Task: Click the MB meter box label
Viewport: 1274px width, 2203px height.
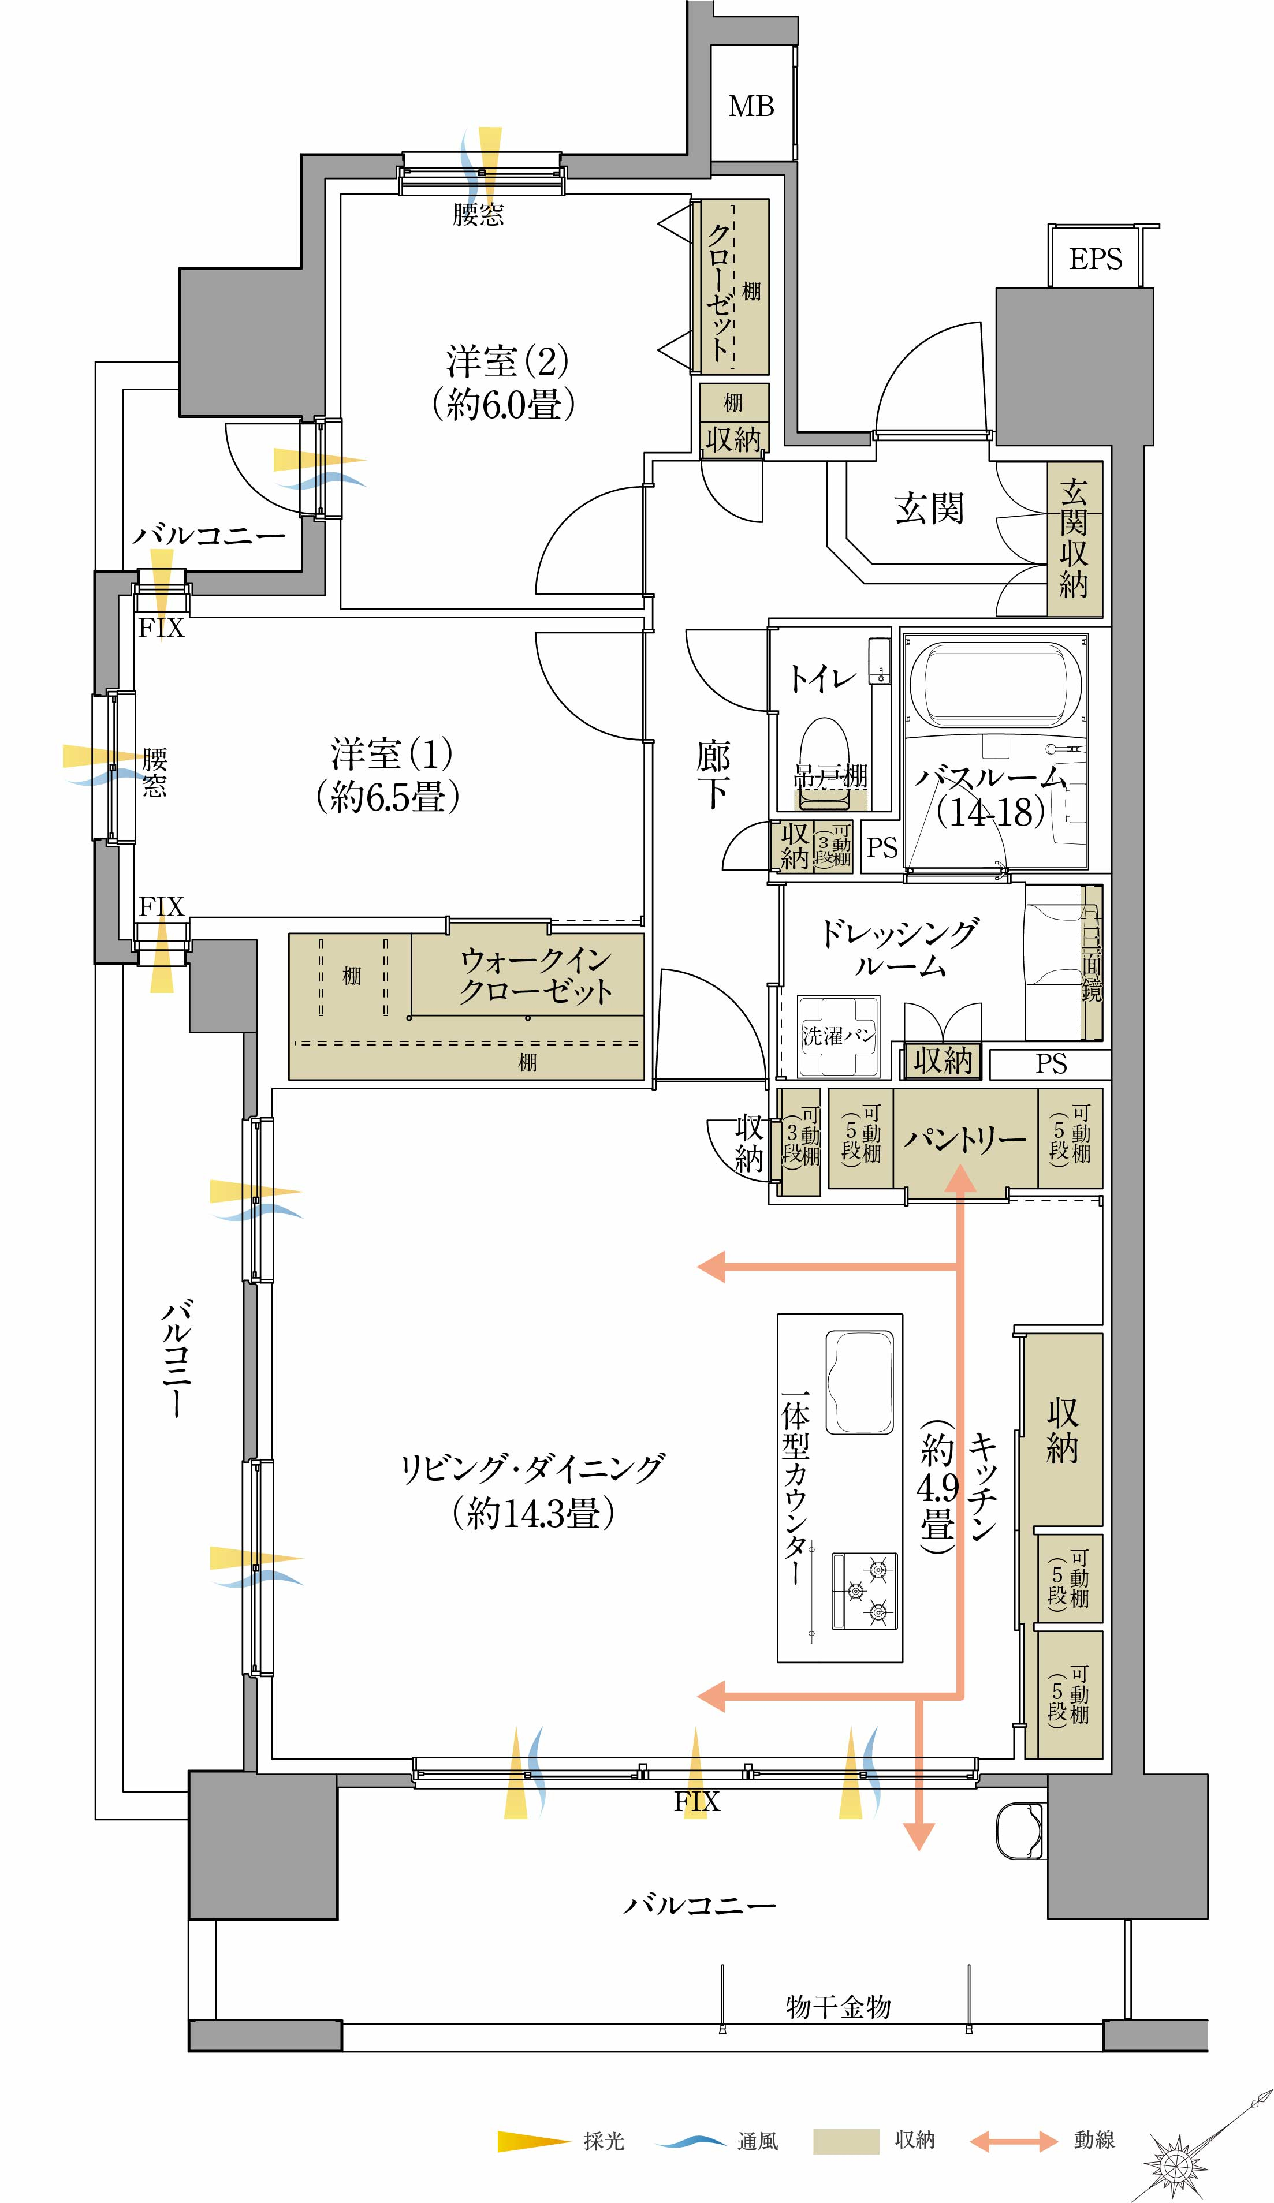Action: coord(751,107)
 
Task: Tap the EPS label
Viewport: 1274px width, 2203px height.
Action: coord(1095,259)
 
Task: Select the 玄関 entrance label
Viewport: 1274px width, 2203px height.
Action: coord(929,508)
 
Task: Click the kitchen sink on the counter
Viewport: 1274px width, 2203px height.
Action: coord(859,1382)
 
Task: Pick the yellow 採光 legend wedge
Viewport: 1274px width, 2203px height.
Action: coord(532,2141)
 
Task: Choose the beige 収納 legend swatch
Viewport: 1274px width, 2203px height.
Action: coord(845,2141)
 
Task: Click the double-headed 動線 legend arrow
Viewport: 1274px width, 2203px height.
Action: coord(1014,2141)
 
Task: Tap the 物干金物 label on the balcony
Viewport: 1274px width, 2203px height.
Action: coord(837,2006)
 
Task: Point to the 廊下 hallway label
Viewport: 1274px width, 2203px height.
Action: coord(713,774)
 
